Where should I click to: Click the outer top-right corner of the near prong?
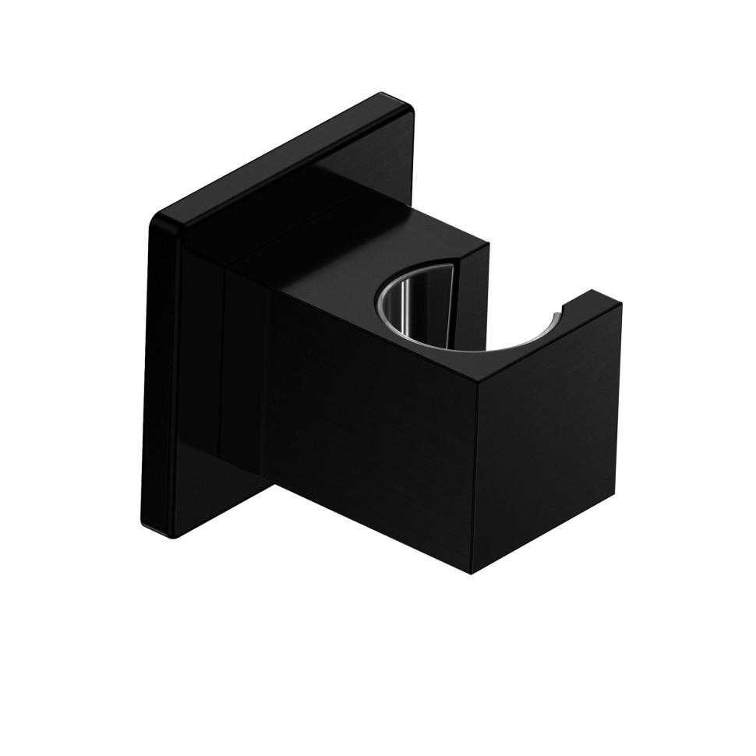[620, 304]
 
